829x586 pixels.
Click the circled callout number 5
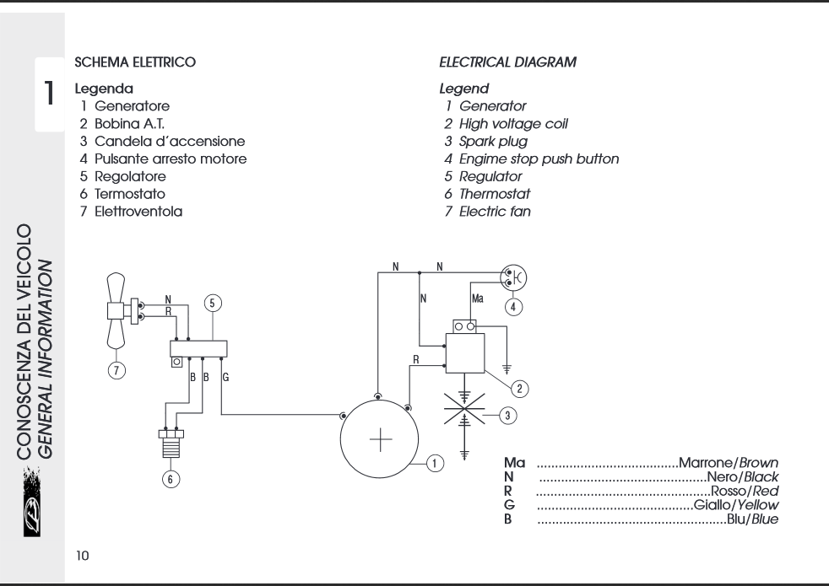(x=213, y=303)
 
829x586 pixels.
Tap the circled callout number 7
(x=116, y=370)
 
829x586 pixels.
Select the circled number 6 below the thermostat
(x=171, y=479)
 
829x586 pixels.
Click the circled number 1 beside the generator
(x=435, y=464)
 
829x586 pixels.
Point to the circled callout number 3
(x=507, y=416)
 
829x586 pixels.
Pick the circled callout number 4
(x=513, y=307)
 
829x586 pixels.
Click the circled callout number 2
(x=519, y=389)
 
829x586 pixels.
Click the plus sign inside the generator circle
(x=381, y=439)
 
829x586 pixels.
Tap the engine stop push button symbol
(x=513, y=277)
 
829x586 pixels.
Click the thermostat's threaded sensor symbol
(x=171, y=443)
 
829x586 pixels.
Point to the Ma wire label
(x=478, y=298)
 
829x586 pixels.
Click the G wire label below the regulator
(x=225, y=378)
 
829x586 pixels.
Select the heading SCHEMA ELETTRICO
(x=135, y=62)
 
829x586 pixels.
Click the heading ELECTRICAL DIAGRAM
(x=507, y=62)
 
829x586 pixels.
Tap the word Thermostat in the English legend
(x=495, y=194)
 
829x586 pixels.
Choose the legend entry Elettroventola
(x=138, y=212)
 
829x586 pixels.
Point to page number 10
(x=83, y=556)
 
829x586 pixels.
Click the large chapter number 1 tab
(x=49, y=94)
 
